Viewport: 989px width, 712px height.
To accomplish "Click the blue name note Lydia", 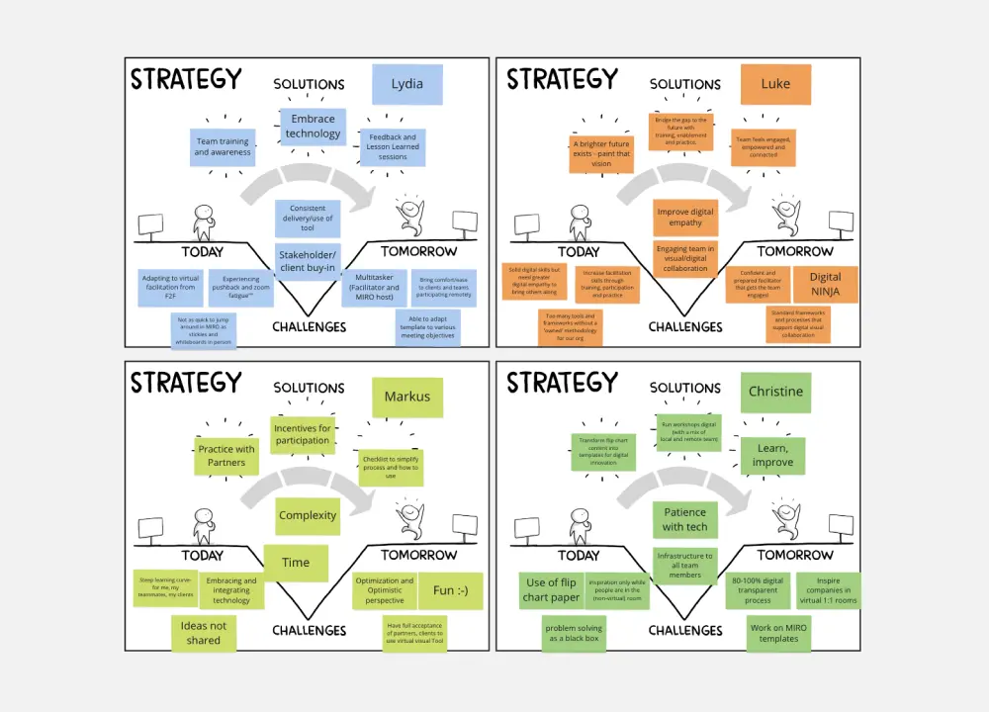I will [406, 84].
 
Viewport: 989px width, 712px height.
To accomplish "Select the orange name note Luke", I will [775, 84].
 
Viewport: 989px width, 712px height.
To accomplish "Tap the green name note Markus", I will [407, 398].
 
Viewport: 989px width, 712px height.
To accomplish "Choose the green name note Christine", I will [775, 392].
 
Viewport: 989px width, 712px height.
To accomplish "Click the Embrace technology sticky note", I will [313, 127].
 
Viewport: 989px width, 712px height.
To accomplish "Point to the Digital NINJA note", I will [825, 285].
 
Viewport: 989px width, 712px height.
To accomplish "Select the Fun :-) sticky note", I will [450, 590].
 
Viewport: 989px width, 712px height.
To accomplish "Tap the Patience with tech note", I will [684, 519].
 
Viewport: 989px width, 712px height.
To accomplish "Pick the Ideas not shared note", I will [203, 633].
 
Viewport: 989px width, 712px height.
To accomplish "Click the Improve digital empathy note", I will [685, 217].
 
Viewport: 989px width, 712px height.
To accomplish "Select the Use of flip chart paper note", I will [551, 589].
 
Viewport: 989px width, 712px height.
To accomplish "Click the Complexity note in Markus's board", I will [308, 515].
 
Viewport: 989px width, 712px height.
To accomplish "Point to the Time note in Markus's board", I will [296, 563].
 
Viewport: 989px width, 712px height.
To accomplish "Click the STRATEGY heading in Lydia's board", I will [186, 79].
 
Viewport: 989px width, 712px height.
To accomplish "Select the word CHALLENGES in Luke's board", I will [685, 327].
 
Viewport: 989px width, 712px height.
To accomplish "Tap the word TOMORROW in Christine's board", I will [795, 556].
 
